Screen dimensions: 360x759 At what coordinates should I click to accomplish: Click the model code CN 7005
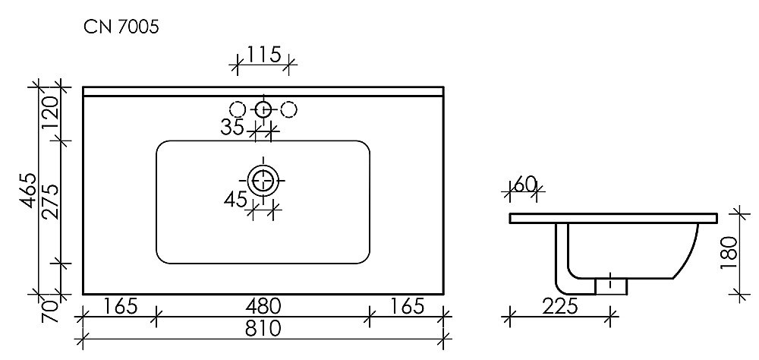point(121,27)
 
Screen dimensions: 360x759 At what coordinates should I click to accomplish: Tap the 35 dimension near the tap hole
point(232,128)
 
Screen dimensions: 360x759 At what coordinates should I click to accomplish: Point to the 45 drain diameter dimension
point(236,201)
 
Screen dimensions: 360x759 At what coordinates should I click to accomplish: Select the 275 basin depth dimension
point(50,201)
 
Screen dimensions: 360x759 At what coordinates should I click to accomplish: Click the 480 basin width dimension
point(263,307)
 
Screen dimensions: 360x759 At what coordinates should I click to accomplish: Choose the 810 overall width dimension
point(263,329)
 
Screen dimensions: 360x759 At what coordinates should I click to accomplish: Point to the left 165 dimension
point(119,307)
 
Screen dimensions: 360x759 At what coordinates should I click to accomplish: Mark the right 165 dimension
point(407,307)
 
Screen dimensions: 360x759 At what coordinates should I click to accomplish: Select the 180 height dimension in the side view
point(728,253)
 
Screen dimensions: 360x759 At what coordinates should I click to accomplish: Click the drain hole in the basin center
point(263,181)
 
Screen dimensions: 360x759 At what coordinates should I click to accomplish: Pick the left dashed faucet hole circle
point(238,109)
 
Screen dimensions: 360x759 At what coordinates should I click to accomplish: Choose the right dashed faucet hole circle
point(288,109)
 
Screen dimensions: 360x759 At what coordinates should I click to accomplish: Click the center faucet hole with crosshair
point(263,109)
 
